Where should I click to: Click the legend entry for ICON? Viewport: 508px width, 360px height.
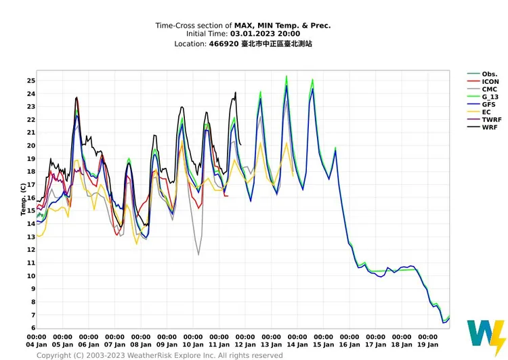coord(483,82)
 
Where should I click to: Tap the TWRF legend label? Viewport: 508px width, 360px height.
coord(484,120)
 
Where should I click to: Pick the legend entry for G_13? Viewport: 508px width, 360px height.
coord(483,97)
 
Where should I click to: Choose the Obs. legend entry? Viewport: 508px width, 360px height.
coord(482,74)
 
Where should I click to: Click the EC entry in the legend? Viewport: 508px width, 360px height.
coord(479,112)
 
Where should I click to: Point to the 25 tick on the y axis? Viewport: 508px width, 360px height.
coord(31,81)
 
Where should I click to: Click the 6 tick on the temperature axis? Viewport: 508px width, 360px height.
coord(33,328)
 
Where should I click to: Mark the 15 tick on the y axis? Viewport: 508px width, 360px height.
coord(31,210)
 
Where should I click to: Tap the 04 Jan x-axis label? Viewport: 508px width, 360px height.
coord(37,345)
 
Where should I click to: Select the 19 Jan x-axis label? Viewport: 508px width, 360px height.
coord(427,345)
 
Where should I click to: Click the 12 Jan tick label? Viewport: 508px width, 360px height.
coord(245,345)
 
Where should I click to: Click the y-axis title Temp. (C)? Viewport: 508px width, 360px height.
coord(23,199)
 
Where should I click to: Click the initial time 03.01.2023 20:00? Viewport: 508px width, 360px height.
coord(265,34)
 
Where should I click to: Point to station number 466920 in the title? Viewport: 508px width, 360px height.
coord(224,44)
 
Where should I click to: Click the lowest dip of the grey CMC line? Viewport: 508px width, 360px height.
coord(198,255)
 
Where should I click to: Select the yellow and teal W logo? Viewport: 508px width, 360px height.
coord(486,338)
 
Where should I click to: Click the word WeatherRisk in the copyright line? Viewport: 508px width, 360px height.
coord(148,355)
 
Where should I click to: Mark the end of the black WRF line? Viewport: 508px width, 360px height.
coord(240,145)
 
